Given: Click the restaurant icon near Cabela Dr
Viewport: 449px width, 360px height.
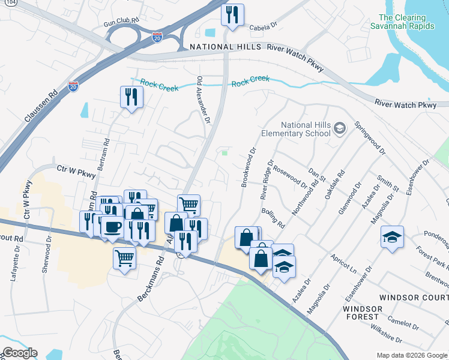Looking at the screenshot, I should pos(232,14).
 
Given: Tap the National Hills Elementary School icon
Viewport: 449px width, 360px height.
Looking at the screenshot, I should pos(340,128).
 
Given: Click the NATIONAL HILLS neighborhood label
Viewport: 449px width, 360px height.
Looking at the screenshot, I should pos(225,47).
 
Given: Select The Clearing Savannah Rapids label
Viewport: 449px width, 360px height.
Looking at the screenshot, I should pos(414,22).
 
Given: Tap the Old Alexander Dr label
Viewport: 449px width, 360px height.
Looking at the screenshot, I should pos(203,100).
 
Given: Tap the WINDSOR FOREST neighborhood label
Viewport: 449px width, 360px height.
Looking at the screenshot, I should pos(362,312).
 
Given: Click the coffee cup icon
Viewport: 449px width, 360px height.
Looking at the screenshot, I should pos(112,227).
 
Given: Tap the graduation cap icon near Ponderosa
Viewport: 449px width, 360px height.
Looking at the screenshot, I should pos(392,238).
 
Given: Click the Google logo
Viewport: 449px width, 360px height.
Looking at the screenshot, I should pos(19,353).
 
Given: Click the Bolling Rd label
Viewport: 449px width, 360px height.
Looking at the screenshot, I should pos(273,217).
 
